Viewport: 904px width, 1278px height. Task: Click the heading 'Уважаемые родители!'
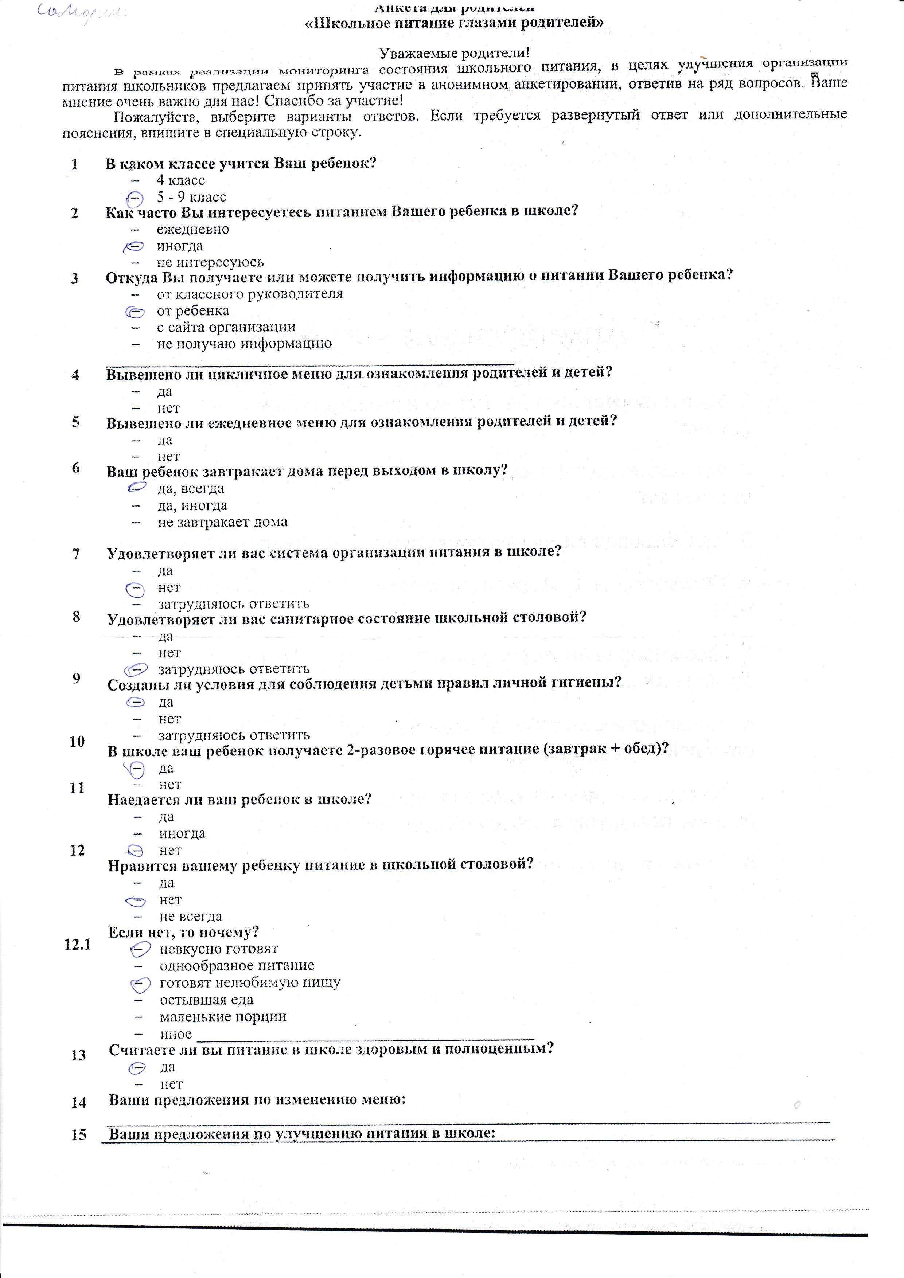[454, 54]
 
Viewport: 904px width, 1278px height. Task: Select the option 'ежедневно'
[192, 229]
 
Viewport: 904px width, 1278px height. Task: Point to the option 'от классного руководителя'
[249, 294]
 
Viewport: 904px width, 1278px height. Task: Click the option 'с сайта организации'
[226, 327]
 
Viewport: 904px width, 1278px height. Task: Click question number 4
[75, 375]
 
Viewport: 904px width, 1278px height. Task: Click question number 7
[76, 554]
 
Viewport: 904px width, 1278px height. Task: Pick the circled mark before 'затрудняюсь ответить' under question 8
[136, 668]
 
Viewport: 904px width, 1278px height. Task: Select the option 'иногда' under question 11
[182, 834]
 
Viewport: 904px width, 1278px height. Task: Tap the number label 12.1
[77, 944]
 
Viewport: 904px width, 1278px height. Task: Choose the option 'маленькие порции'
[223, 1017]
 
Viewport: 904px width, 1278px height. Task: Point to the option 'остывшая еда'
[207, 1000]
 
